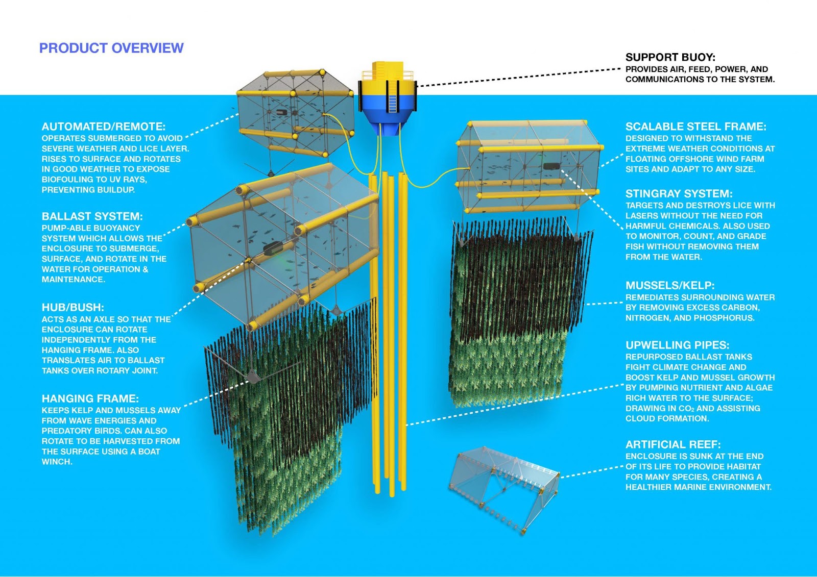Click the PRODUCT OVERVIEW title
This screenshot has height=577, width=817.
(111, 48)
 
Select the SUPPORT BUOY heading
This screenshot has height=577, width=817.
(670, 57)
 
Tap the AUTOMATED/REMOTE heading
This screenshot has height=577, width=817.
(104, 127)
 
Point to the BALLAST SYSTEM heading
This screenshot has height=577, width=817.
(92, 216)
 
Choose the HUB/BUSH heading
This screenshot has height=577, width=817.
(73, 307)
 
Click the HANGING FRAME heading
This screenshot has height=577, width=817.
(90, 398)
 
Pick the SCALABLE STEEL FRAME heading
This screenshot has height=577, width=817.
(695, 127)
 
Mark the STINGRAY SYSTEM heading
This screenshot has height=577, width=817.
(679, 194)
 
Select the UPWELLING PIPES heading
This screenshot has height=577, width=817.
(677, 345)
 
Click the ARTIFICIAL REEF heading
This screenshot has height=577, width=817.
(673, 444)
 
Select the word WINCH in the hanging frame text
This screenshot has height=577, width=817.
(57, 462)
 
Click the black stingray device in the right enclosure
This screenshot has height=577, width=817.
(551, 166)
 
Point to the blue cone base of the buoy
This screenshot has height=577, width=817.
(388, 126)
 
